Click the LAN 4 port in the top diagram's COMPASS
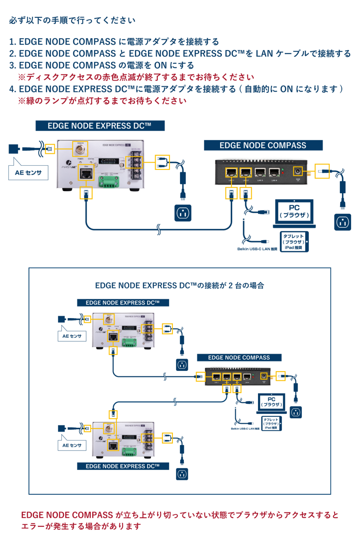click(274, 172)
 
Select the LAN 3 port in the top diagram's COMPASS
click(260, 172)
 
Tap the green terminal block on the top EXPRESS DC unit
click(109, 182)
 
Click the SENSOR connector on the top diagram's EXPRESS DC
click(80, 149)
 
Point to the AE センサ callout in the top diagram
click(28, 173)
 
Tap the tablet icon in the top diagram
click(294, 242)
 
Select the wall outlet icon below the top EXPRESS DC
click(183, 213)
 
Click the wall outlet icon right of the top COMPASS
click(343, 222)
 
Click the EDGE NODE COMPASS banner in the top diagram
click(263, 146)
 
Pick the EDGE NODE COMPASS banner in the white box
click(239, 358)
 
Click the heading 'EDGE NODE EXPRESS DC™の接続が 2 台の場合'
click(180, 285)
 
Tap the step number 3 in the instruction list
click(12, 66)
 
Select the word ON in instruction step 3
click(160, 66)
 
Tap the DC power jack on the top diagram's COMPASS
click(298, 172)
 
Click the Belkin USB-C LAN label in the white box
click(245, 429)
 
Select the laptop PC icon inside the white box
click(271, 403)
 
